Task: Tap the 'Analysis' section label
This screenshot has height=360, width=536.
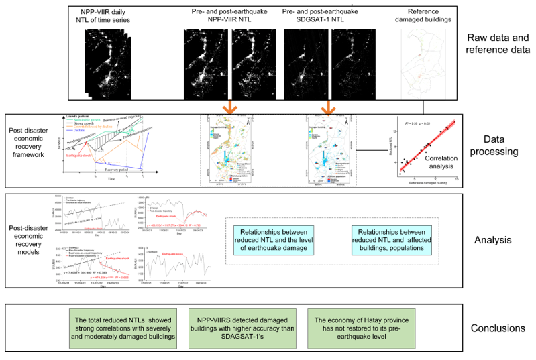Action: pos(497,239)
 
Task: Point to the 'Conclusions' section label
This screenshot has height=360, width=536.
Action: pos(497,328)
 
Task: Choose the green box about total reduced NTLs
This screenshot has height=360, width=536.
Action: pos(125,328)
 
